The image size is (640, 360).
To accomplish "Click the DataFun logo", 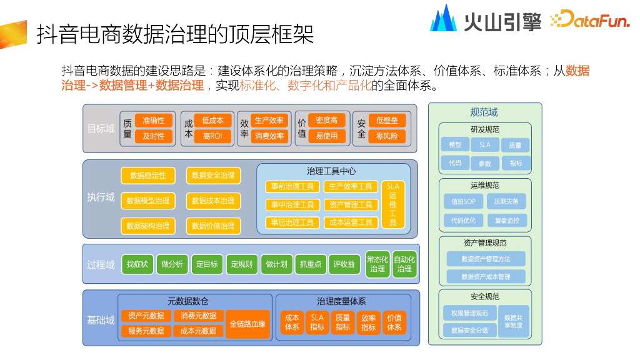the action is click(590, 19).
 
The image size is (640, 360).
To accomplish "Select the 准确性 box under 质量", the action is click(154, 121).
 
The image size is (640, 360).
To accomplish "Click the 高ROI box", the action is click(212, 136).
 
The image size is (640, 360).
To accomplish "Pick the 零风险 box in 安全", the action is click(387, 136).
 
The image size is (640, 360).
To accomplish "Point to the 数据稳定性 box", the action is click(148, 176).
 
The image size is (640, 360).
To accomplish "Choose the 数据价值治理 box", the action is click(214, 226).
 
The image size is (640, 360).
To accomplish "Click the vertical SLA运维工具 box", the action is click(392, 204).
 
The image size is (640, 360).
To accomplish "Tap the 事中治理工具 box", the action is click(292, 204).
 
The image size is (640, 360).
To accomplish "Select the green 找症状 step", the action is click(137, 264).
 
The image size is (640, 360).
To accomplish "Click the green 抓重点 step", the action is click(311, 264).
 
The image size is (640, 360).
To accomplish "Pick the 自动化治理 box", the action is click(404, 264).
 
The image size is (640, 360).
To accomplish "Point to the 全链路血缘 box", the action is click(247, 324).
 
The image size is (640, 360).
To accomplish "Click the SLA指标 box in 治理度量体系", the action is click(317, 322).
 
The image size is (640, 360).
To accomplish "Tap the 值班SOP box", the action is click(463, 201).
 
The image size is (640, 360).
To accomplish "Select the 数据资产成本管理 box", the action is click(486, 277).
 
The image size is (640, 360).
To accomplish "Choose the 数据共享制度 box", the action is click(514, 321).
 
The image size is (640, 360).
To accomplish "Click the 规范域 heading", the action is click(484, 112).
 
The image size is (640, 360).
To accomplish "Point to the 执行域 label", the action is click(101, 197).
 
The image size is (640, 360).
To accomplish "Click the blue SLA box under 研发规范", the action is click(485, 144).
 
